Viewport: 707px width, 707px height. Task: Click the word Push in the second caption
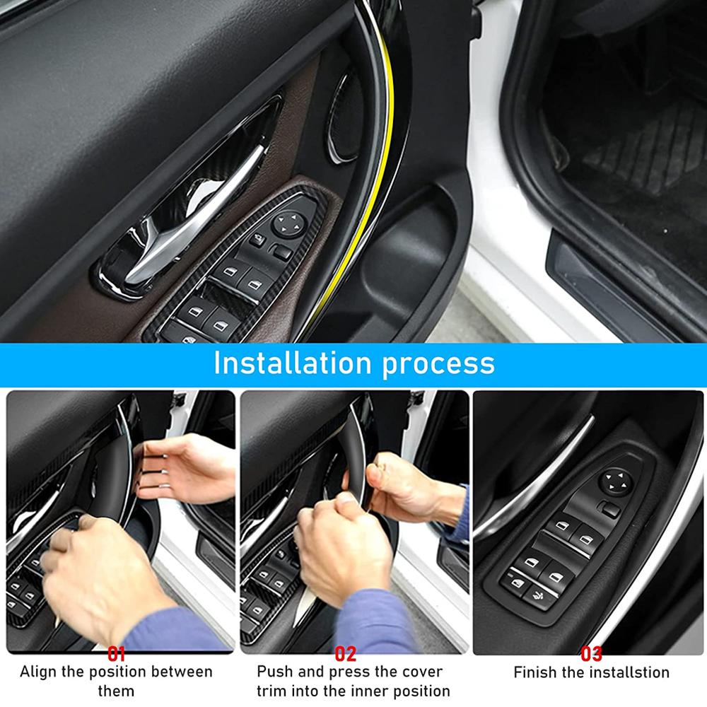pos(272,672)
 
